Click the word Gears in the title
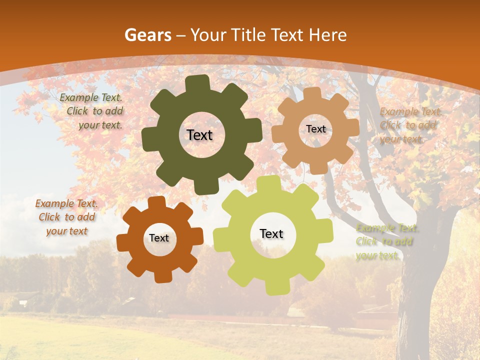[x=147, y=35]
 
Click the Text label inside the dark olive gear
[x=199, y=135]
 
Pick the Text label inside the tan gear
[x=315, y=129]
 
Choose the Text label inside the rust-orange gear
[x=159, y=238]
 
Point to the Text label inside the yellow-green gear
[x=271, y=234]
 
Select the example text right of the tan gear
[x=408, y=125]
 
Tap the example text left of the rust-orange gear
[x=67, y=217]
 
